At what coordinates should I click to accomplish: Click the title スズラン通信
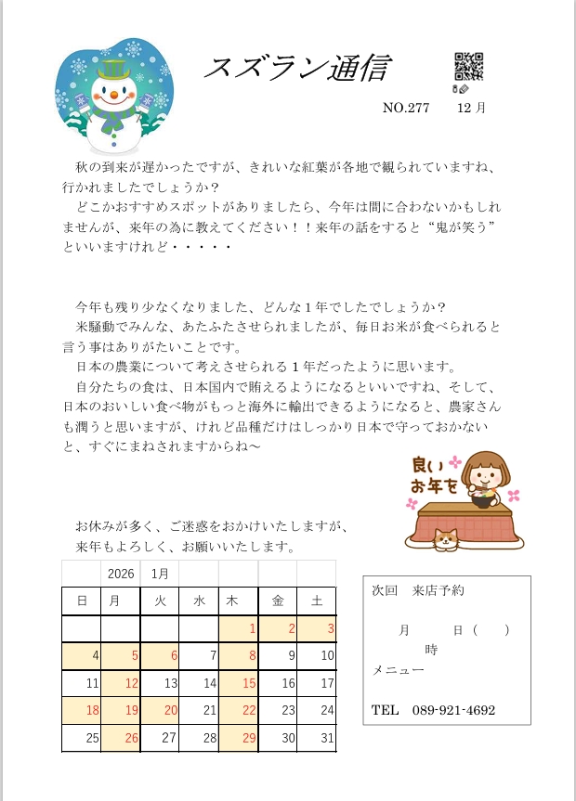click(x=295, y=68)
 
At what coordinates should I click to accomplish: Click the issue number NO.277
click(x=406, y=108)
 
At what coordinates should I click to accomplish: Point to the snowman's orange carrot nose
click(x=113, y=95)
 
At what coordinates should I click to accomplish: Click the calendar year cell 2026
click(x=121, y=574)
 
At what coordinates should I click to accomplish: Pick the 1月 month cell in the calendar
click(x=160, y=574)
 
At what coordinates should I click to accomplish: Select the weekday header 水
click(x=199, y=601)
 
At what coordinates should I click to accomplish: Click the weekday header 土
click(x=317, y=601)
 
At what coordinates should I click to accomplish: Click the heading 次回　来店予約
click(x=417, y=590)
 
